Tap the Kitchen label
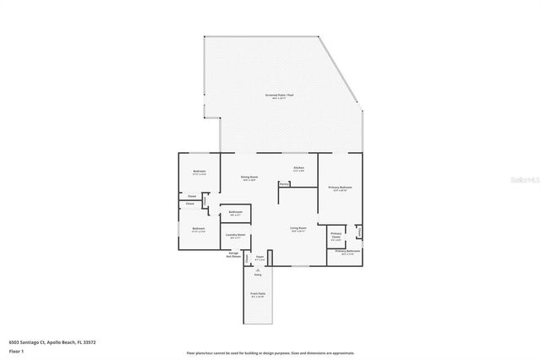tap(298, 167)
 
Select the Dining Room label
tap(249, 177)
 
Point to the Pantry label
tap(285, 183)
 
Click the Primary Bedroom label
tap(339, 188)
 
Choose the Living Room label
tap(298, 229)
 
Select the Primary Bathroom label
tap(347, 252)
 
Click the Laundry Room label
tap(237, 236)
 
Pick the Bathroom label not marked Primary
tap(236, 212)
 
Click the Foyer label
tap(260, 257)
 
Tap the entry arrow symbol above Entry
tap(258, 269)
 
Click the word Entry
tap(258, 275)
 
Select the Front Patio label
tap(258, 296)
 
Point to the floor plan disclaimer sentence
tap(270, 352)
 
